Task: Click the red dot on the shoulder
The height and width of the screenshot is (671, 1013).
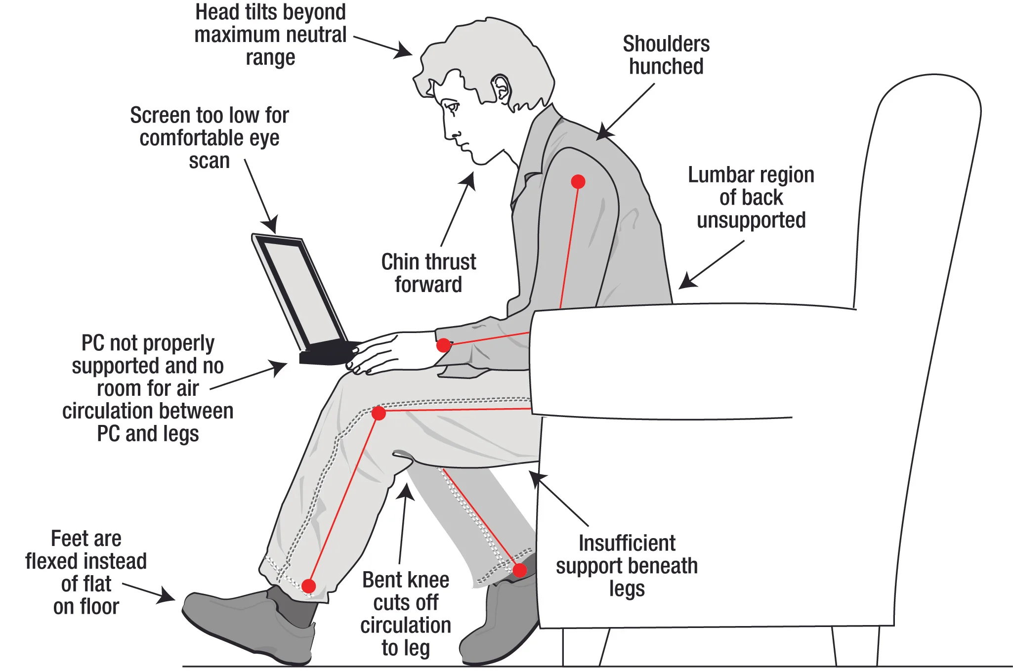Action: coord(578,182)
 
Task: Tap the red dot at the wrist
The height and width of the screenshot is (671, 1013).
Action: coord(444,345)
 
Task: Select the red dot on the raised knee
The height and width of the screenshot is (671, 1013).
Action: coord(379,413)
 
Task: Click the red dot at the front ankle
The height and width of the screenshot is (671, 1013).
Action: coord(309,586)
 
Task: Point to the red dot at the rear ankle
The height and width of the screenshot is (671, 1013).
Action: coord(519,571)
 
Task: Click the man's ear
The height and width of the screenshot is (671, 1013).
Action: coord(501,88)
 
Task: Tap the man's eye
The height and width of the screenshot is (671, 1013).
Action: coord(451,106)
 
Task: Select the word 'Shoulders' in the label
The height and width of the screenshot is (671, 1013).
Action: coord(666,44)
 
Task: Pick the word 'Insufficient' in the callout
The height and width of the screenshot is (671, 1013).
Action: coord(627,543)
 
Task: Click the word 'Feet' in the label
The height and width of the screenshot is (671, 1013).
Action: coord(64,539)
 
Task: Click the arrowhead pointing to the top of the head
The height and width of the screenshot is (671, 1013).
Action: coord(405,51)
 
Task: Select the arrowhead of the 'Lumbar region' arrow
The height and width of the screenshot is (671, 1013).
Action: coord(686,283)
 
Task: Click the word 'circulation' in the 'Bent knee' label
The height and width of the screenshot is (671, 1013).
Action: coord(405,626)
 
